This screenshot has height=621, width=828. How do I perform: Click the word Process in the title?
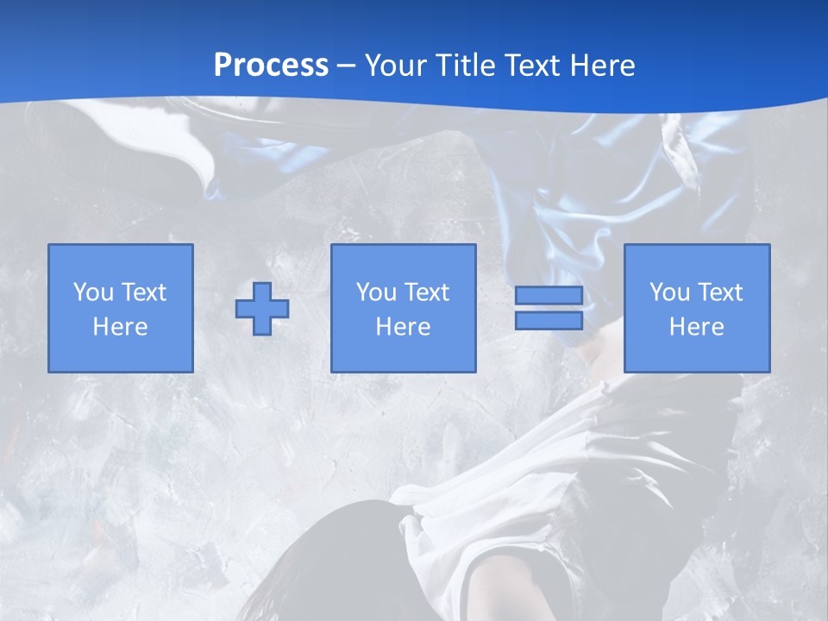tap(271, 66)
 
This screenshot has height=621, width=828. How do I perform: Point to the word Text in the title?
tap(539, 66)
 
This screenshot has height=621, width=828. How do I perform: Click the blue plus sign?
tap(262, 309)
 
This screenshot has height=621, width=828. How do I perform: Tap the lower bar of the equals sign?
tap(549, 320)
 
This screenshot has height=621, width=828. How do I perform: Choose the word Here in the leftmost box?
tap(120, 327)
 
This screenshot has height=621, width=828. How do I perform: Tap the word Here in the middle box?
tap(403, 327)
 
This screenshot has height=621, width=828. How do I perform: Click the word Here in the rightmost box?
tap(696, 327)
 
